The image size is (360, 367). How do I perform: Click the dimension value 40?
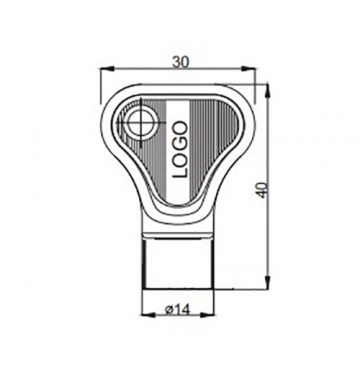[x=261, y=189]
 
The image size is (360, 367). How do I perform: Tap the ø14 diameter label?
[x=177, y=310]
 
